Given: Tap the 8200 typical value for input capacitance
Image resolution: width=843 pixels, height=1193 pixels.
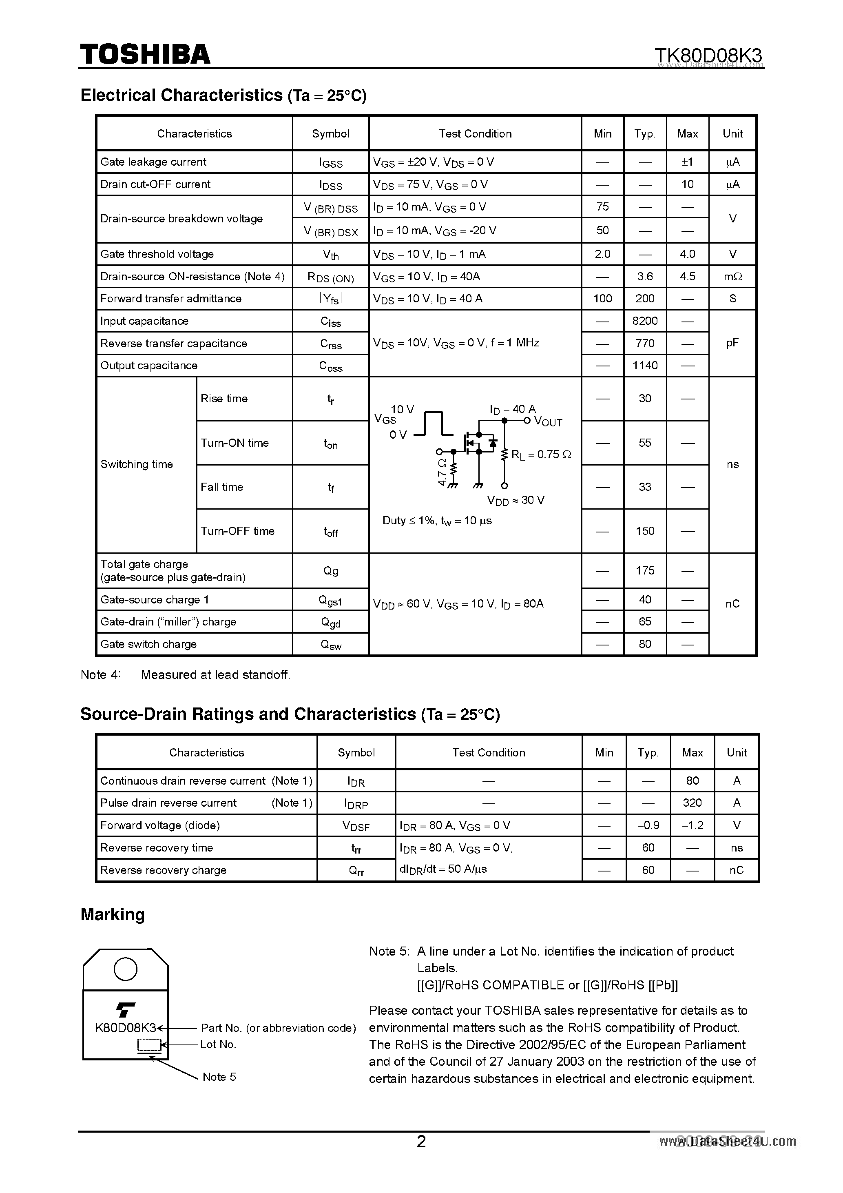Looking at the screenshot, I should [644, 321].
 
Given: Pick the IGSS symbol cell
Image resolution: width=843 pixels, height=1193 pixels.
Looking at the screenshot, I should [330, 163].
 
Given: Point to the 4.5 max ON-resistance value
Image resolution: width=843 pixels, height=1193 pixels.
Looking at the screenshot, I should [687, 277].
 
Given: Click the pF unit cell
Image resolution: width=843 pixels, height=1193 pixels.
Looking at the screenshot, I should [732, 343].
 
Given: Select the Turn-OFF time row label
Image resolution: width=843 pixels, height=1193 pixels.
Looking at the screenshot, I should [237, 531].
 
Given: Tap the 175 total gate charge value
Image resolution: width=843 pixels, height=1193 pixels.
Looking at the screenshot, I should [644, 570].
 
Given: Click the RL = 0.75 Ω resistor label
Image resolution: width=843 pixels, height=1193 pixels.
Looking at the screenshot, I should [541, 455].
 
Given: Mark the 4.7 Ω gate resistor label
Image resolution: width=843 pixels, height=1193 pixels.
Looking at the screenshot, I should [443, 471].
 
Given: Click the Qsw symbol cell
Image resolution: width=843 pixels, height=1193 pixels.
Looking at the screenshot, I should [331, 645].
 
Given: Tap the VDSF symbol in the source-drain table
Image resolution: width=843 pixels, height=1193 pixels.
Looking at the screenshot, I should [356, 826].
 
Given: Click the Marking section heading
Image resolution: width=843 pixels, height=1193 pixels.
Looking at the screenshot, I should [112, 914].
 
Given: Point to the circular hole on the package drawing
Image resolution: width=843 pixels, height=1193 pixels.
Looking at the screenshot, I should [125, 969].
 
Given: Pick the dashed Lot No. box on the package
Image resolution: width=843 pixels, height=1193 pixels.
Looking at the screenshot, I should [149, 1044].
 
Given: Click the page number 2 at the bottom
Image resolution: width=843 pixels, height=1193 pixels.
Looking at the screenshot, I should [421, 1141].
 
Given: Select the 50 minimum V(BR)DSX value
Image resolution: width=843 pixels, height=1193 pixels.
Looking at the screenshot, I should [602, 230].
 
